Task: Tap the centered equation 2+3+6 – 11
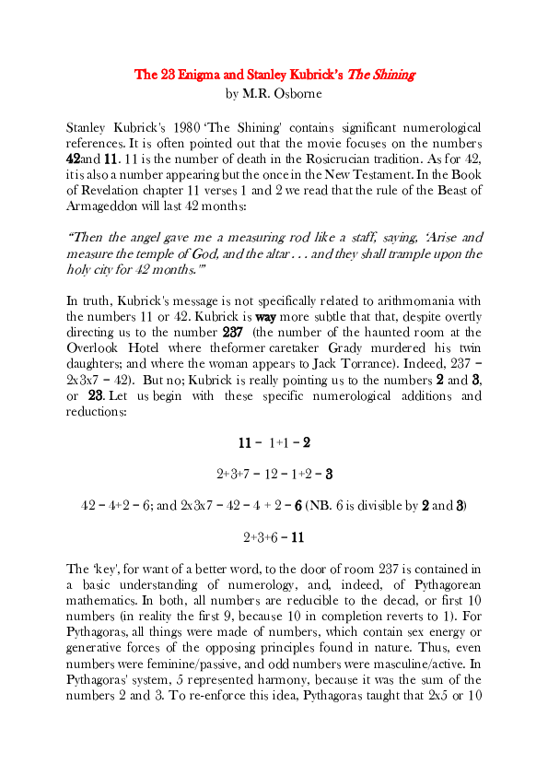[274, 536]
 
